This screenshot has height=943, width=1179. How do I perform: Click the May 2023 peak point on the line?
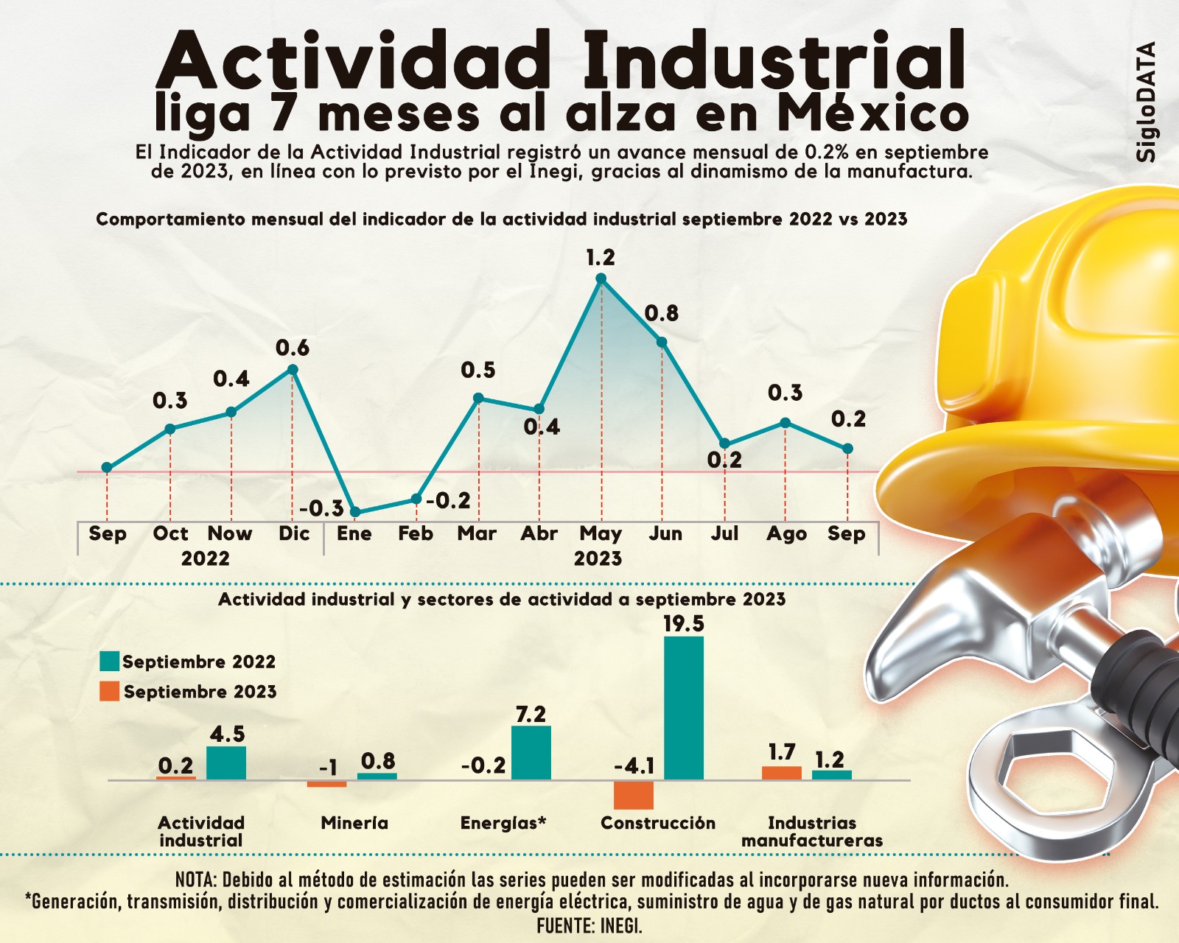click(x=601, y=278)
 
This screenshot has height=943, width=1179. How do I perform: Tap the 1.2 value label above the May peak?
click(x=601, y=258)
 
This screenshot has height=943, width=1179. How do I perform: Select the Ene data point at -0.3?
click(x=354, y=512)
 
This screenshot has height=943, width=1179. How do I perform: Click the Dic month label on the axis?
click(x=293, y=533)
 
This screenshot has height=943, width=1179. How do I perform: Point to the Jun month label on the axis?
click(x=665, y=533)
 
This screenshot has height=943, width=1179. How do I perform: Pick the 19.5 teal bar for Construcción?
click(x=684, y=708)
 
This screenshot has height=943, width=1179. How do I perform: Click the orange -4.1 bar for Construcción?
click(x=634, y=795)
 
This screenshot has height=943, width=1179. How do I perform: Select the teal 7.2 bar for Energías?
click(x=531, y=753)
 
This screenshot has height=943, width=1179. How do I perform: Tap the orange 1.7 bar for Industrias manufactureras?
click(x=781, y=773)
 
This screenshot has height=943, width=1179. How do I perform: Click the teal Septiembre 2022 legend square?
click(x=109, y=662)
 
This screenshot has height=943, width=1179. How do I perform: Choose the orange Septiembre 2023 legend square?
click(x=109, y=691)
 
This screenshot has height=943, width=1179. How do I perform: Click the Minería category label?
click(x=354, y=823)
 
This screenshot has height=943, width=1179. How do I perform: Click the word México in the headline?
click(x=872, y=114)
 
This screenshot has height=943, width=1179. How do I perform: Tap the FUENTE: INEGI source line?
click(x=589, y=925)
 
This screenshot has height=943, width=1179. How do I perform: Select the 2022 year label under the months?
click(x=206, y=558)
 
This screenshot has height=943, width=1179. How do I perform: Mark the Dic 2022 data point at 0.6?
click(x=293, y=370)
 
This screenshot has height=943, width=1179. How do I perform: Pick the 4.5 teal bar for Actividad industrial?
click(x=226, y=763)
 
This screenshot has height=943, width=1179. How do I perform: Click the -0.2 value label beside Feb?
click(x=448, y=501)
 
